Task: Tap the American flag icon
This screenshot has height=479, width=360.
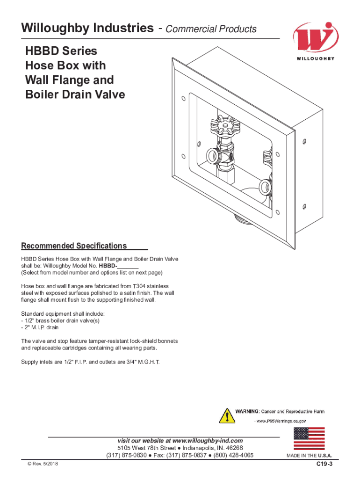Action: (x=309, y=439)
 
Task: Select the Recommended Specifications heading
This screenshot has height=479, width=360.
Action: (x=74, y=246)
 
